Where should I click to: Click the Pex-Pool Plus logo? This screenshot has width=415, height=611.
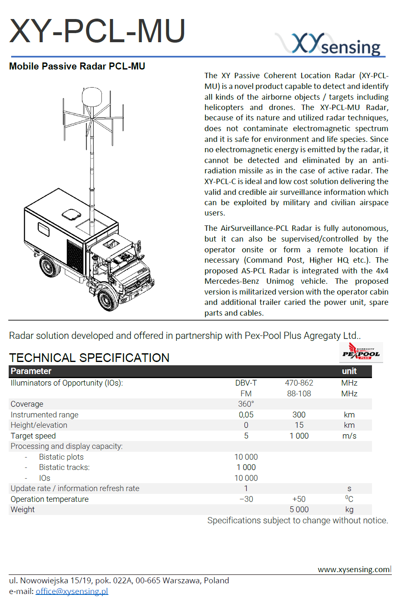tap(361, 352)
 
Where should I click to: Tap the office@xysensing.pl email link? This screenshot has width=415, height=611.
tap(72, 591)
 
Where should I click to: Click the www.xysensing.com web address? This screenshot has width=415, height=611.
tap(354, 569)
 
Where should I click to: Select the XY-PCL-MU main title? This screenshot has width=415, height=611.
tap(97, 31)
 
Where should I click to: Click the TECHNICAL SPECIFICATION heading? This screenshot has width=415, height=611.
tap(89, 357)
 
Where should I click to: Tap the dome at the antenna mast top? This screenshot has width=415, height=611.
tap(92, 97)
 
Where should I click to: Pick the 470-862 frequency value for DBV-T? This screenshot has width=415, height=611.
tap(299, 383)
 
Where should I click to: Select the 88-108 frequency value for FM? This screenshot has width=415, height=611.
tap(299, 393)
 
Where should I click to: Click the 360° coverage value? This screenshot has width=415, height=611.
tap(246, 404)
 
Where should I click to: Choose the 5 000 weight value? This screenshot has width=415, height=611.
tap(299, 510)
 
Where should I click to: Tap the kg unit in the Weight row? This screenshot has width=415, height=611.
tap(349, 510)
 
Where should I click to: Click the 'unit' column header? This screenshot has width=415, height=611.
tap(349, 371)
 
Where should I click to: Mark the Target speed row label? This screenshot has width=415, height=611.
tap(33, 436)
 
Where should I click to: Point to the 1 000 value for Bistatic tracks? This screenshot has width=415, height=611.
tap(246, 467)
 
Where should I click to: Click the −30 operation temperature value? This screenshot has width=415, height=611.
tap(246, 499)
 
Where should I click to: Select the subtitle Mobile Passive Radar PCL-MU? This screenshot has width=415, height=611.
tap(77, 66)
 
